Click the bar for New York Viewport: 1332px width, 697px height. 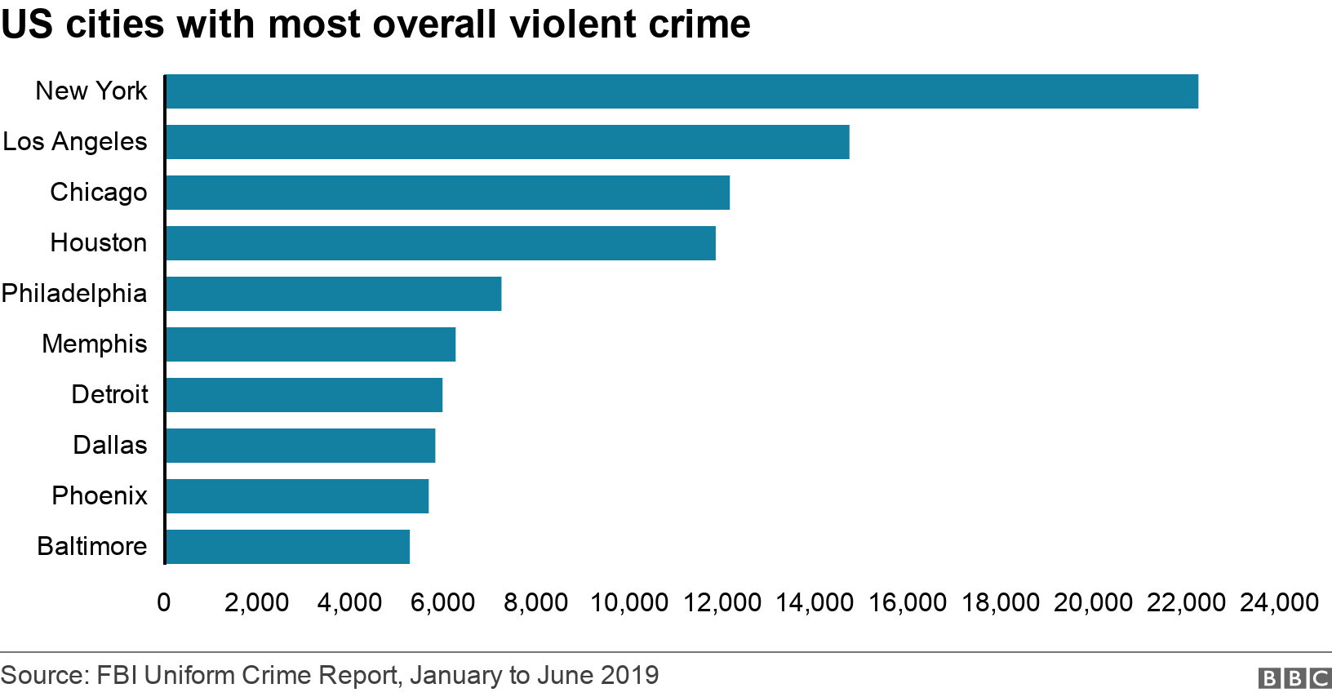pos(682,91)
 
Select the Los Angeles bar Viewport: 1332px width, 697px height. pos(507,142)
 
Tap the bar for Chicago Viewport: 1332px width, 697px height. pos(447,193)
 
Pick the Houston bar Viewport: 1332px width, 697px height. pos(440,243)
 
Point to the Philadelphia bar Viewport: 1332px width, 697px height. pos(333,294)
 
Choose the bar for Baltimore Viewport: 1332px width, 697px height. pos(287,547)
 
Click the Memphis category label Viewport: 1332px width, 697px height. pos(95,344)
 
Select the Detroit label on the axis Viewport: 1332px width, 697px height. pos(109,394)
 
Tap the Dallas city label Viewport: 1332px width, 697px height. pos(110,445)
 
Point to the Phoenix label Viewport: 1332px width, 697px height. pos(100,495)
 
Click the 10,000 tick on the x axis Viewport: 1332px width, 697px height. pos(629,602)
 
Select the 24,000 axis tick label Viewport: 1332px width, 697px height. pos(1279,602)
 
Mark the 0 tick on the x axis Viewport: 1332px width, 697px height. pos(164,602)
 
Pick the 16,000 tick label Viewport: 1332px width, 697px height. pos(908,602)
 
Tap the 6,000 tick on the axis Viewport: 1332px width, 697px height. pos(443,602)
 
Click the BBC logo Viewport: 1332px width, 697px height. pos(1294,677)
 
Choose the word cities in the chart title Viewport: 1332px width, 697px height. pos(114,24)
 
